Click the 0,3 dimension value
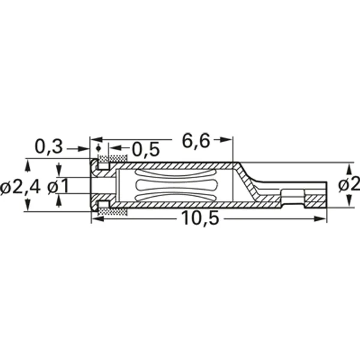(x=47, y=146)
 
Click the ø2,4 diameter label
(x=20, y=187)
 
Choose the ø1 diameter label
(x=58, y=187)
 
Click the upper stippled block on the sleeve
(x=113, y=160)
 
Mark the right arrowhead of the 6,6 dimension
(x=228, y=140)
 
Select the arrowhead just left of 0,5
(x=113, y=148)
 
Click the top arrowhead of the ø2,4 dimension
(x=26, y=163)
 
